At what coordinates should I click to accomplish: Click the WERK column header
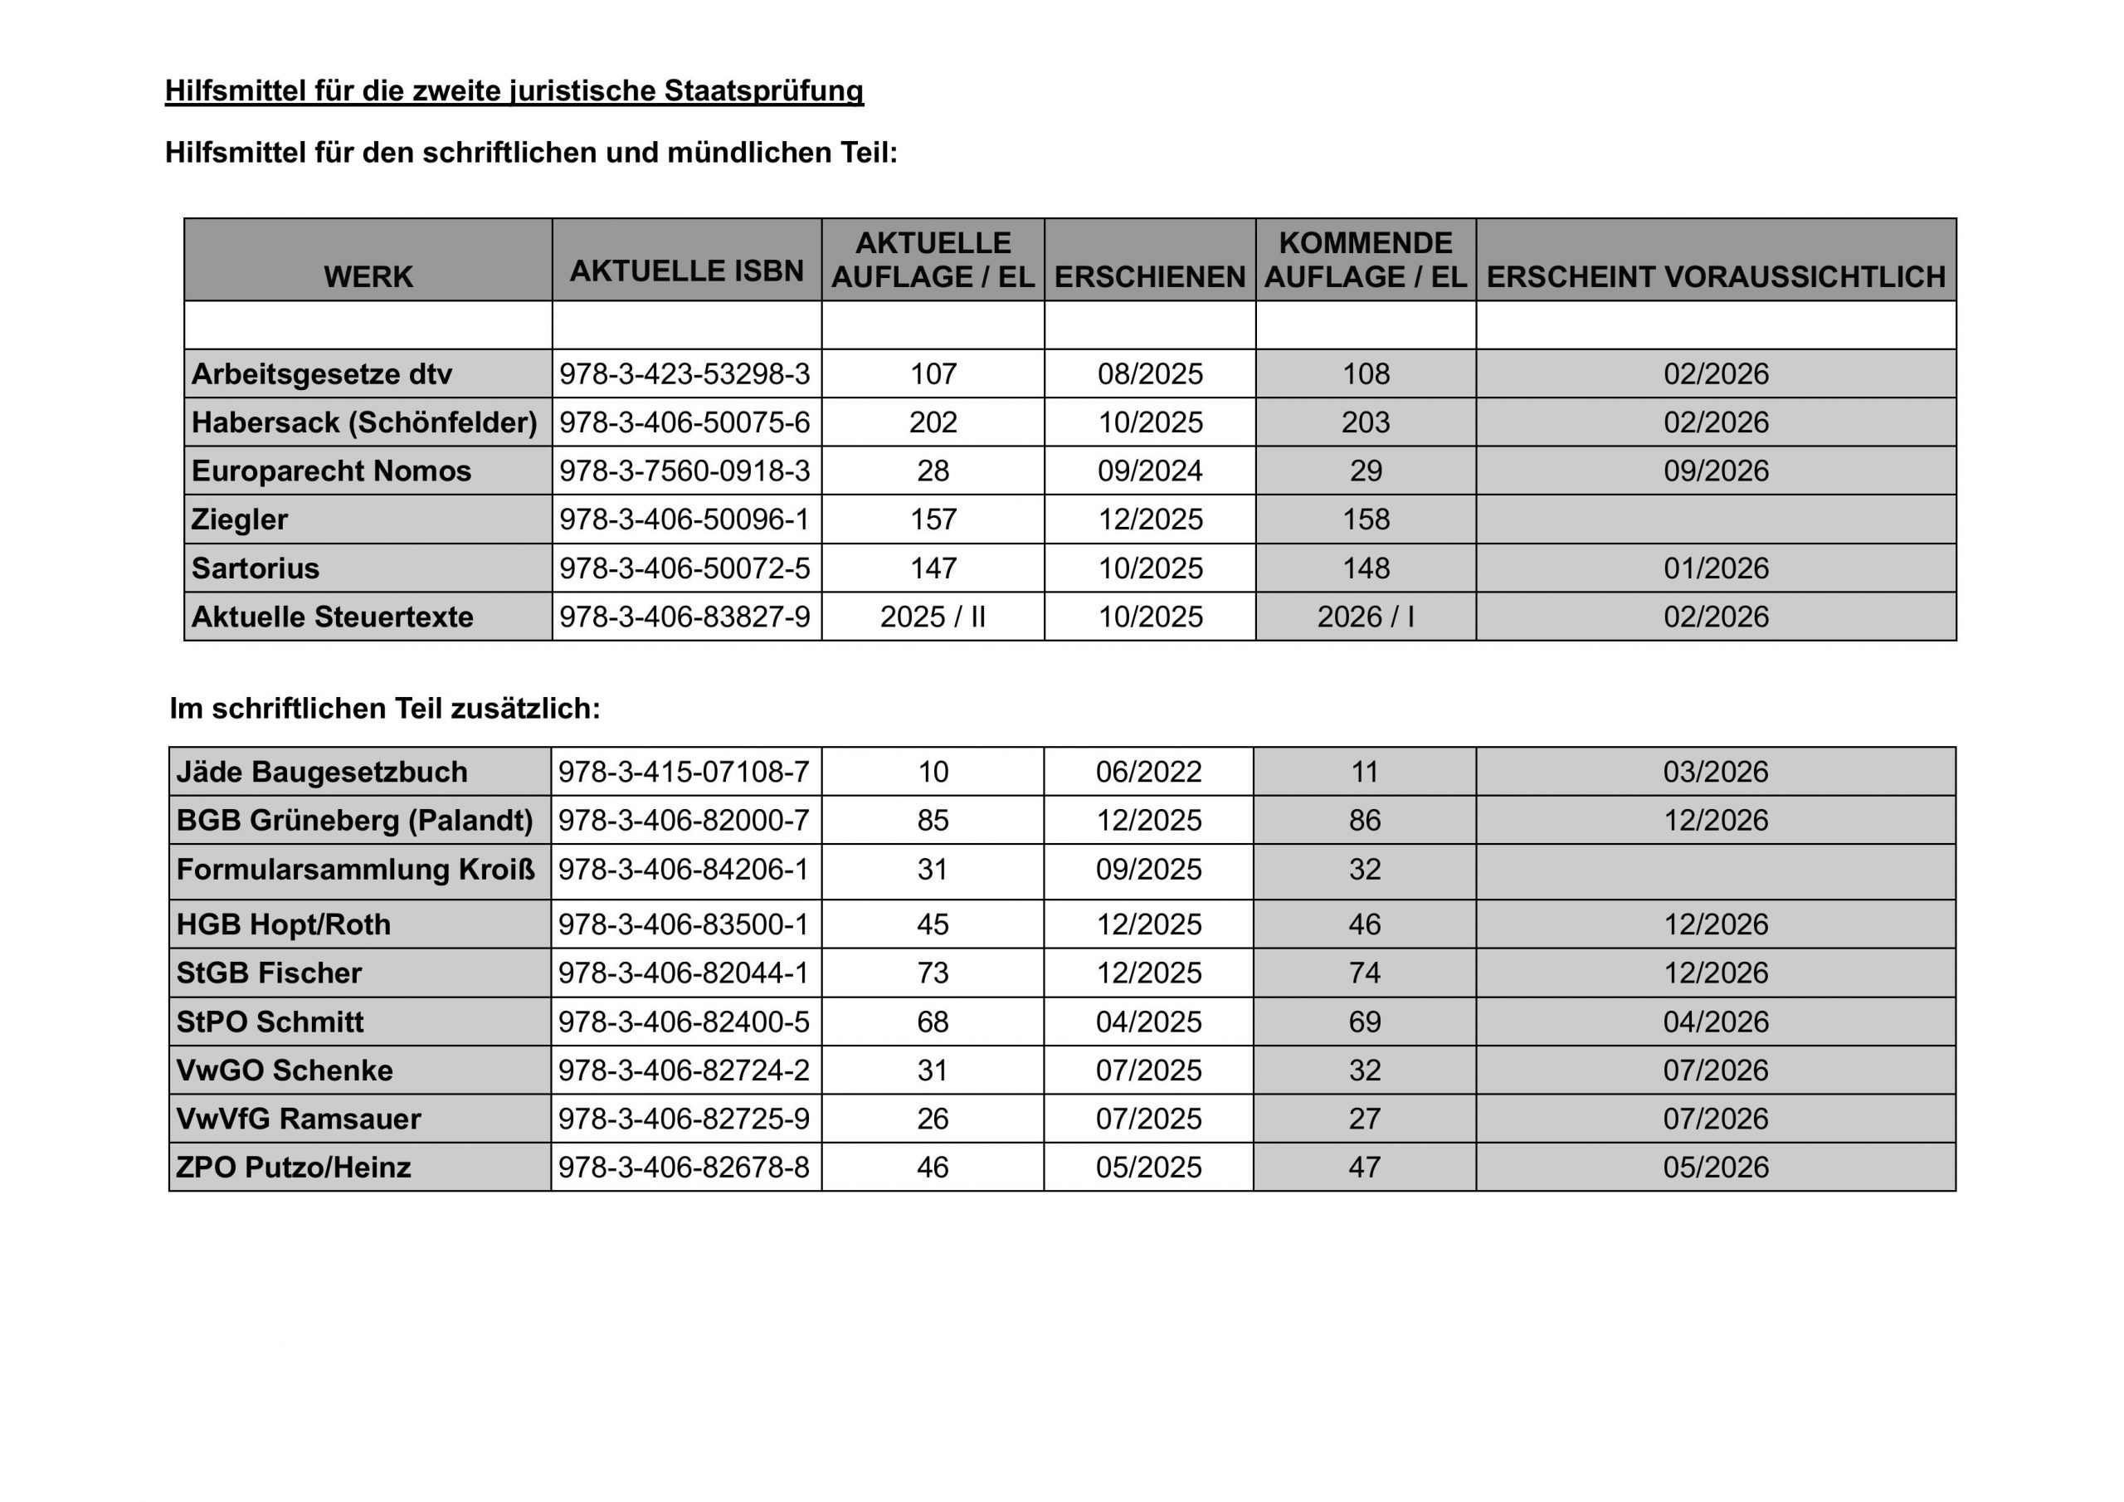click(368, 276)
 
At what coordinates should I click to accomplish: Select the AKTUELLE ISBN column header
click(686, 271)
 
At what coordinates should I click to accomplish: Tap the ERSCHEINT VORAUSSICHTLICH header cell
click(1715, 276)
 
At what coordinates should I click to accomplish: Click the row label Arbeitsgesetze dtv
click(321, 374)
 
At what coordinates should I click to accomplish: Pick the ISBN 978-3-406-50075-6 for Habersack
click(684, 422)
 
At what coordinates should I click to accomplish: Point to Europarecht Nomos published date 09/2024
click(1150, 471)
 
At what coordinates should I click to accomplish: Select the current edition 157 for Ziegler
click(933, 519)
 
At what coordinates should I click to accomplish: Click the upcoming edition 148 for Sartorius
click(1366, 568)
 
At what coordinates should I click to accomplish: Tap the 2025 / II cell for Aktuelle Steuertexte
click(933, 617)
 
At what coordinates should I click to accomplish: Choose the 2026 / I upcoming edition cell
click(1366, 617)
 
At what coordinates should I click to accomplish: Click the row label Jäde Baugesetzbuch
click(321, 772)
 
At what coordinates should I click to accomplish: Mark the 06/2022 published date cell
click(1149, 772)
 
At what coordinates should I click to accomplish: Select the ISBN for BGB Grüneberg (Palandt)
click(684, 820)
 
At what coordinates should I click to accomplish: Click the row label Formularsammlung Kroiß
click(355, 870)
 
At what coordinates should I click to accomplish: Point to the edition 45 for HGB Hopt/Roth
click(933, 924)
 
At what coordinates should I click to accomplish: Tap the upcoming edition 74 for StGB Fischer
click(1365, 973)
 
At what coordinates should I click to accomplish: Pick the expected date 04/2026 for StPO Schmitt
click(1715, 1022)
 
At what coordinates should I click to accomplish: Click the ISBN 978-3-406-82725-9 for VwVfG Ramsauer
click(684, 1119)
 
